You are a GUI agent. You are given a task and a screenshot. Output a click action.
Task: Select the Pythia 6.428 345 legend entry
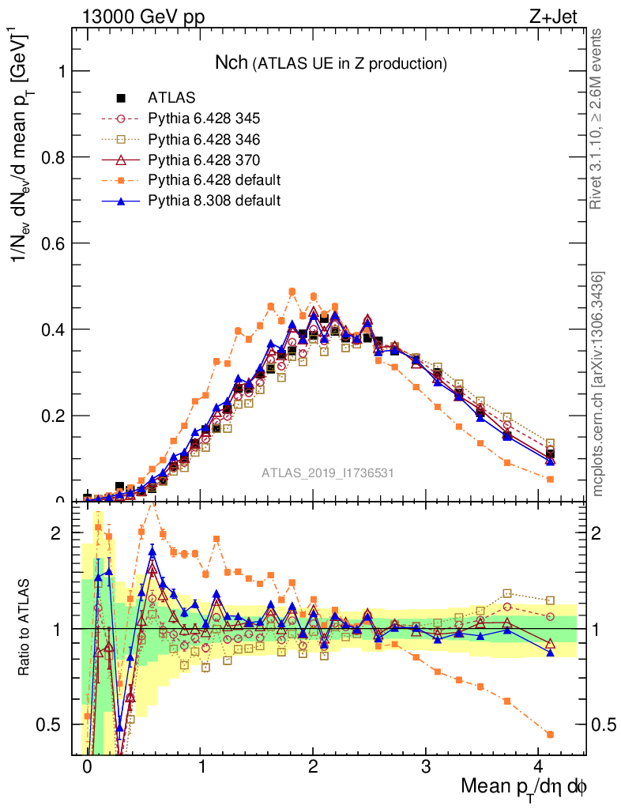204,119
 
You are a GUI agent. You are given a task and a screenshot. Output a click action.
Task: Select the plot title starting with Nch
332,62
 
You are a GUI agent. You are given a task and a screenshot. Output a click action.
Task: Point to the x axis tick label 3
426,767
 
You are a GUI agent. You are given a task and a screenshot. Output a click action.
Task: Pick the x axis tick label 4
539,767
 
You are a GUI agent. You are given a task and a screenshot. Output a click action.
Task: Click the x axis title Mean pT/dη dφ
525,787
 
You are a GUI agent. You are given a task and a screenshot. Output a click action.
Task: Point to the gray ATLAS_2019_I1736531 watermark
328,473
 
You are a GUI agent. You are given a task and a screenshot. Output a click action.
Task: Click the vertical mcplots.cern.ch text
598,384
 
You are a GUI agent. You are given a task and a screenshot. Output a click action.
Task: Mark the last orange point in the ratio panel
550,735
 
